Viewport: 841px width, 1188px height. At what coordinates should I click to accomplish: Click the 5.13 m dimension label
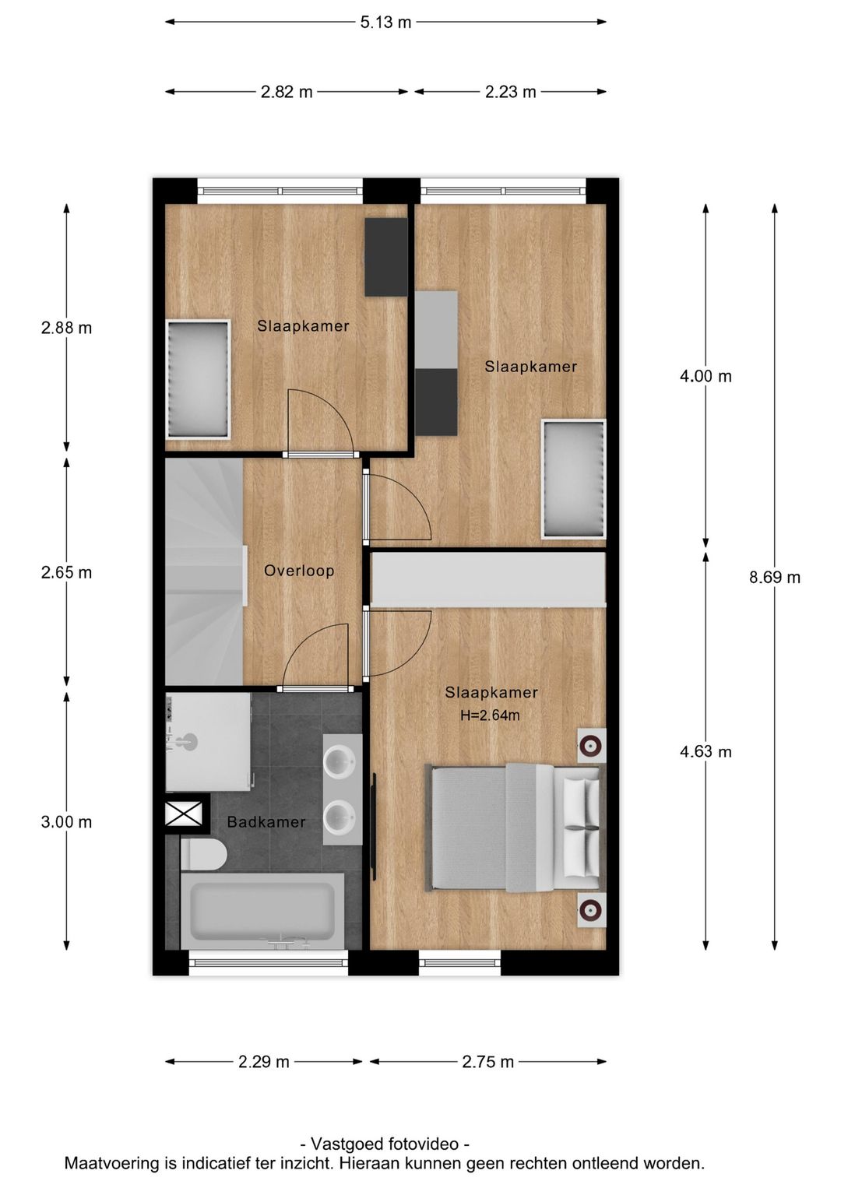(x=385, y=23)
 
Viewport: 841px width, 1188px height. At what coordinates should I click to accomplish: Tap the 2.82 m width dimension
(x=287, y=92)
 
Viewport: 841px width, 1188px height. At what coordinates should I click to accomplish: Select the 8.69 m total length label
(x=774, y=577)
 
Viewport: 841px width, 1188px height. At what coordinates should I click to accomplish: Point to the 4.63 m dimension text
(x=706, y=751)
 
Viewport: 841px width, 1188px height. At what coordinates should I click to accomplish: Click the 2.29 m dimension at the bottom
(x=264, y=1062)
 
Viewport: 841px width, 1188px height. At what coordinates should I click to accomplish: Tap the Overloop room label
(x=299, y=571)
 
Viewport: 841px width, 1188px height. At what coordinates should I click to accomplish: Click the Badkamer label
(x=266, y=822)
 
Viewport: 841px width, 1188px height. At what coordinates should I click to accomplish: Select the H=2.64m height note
(x=490, y=715)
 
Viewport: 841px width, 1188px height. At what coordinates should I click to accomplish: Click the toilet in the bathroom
(x=204, y=854)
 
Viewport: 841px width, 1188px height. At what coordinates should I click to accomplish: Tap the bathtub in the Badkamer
(x=262, y=910)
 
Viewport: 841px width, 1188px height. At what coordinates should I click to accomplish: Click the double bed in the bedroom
(x=514, y=827)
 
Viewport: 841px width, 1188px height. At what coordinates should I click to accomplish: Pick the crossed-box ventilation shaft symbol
(x=184, y=814)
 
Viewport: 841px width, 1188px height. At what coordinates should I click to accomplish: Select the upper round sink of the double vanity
(x=340, y=761)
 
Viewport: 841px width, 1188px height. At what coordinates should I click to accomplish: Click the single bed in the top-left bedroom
(x=199, y=379)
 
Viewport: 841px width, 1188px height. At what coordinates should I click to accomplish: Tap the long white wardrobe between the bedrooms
(x=488, y=578)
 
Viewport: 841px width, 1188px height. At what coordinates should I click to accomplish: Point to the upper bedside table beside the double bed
(x=591, y=746)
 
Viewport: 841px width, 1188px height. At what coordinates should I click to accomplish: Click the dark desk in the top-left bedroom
(x=386, y=256)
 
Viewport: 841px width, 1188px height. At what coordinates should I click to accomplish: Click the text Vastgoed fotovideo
(x=385, y=1144)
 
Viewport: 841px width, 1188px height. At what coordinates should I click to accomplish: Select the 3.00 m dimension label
(x=66, y=822)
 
